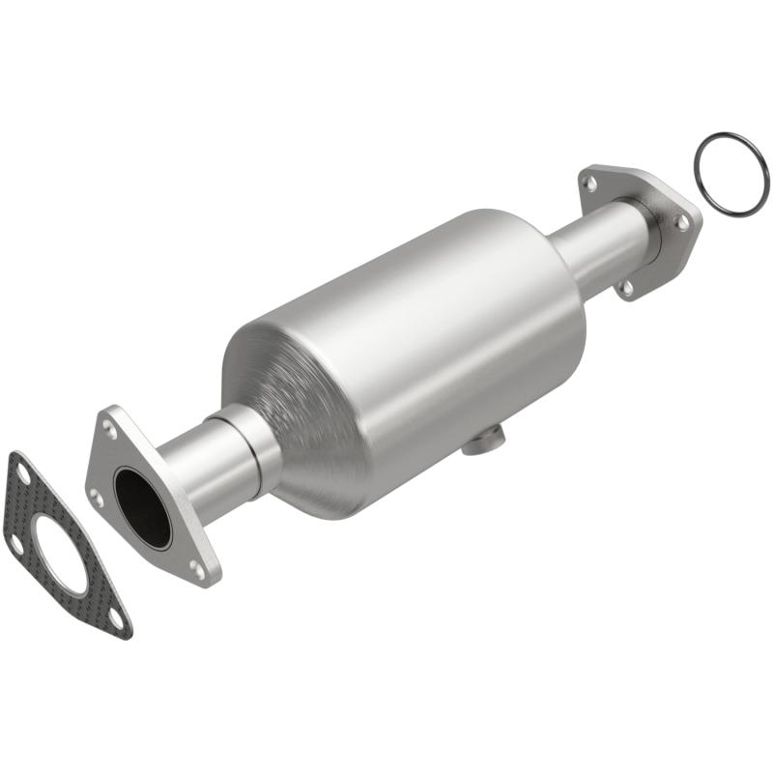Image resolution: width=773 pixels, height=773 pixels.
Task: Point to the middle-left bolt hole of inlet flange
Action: pyautogui.click(x=96, y=497)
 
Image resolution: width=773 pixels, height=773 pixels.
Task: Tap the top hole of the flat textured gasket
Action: pyautogui.click(x=21, y=471)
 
